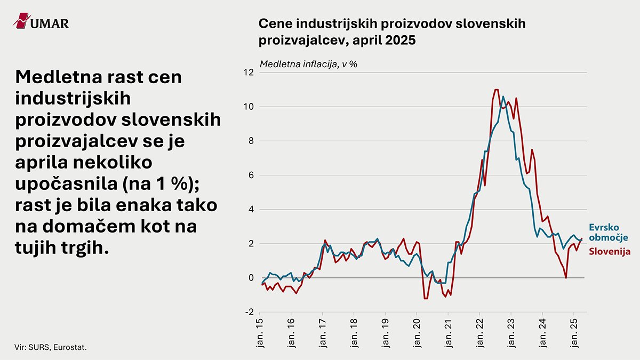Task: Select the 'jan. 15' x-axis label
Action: (x=260, y=333)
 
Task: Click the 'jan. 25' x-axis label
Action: (x=574, y=333)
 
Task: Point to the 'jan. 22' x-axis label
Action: (x=480, y=333)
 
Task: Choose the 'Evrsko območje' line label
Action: (x=609, y=233)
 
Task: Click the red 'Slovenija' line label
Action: (x=610, y=251)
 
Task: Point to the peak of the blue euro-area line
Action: (x=503, y=97)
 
